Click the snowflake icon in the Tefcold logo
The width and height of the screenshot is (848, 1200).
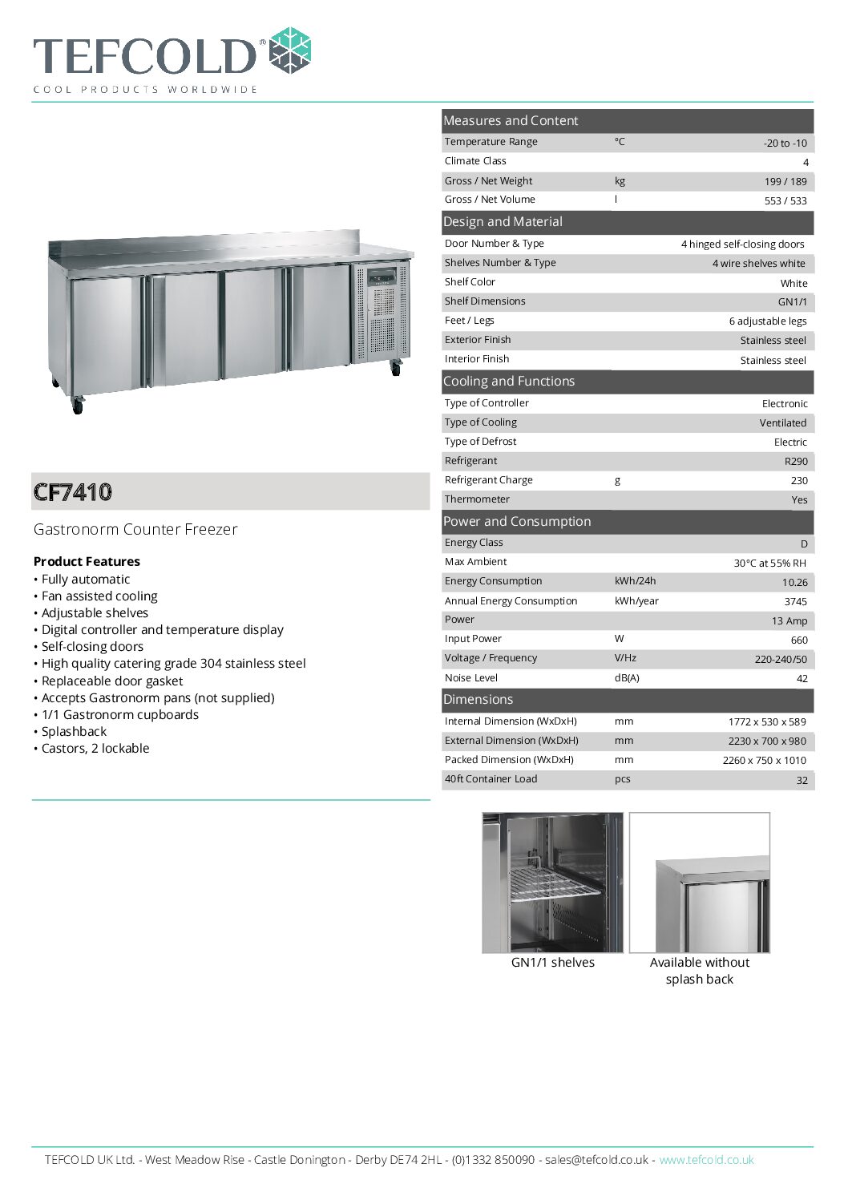point(289,51)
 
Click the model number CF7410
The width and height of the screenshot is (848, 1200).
point(73,491)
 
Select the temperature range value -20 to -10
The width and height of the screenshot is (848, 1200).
point(785,143)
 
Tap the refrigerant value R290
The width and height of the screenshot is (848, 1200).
point(795,461)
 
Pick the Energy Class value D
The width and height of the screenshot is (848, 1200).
point(803,543)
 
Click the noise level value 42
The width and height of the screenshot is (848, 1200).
point(802,678)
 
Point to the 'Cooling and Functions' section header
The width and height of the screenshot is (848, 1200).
point(509,382)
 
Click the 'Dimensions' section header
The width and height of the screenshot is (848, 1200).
point(478,699)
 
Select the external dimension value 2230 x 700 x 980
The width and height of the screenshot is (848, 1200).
point(767,741)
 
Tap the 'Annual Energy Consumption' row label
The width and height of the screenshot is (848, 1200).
point(511,600)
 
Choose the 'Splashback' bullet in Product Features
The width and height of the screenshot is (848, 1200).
point(74,731)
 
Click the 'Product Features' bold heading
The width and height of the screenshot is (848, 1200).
point(87,561)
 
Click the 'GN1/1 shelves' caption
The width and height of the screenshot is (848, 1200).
point(552,962)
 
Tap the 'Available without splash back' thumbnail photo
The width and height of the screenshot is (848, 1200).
point(700,883)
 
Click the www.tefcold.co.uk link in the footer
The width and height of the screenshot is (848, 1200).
point(706,1159)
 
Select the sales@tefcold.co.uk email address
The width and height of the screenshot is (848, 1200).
point(596,1159)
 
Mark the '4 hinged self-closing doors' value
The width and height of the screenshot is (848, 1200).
point(742,244)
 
